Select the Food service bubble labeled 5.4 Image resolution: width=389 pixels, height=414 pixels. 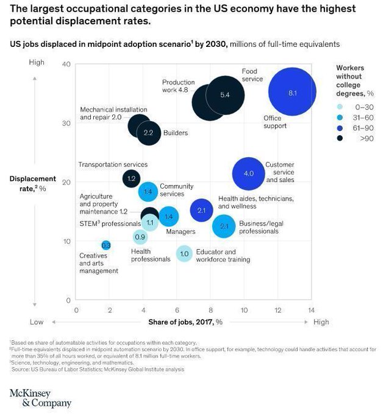click(224, 95)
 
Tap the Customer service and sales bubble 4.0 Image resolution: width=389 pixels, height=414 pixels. click(248, 174)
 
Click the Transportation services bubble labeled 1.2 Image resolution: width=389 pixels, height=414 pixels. click(131, 178)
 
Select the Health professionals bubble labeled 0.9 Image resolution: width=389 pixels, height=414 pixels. click(140, 237)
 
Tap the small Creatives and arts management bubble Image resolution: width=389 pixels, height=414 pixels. click(106, 245)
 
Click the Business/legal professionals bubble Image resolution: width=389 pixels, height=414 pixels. click(224, 227)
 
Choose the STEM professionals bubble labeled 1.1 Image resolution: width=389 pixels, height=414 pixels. click(150, 223)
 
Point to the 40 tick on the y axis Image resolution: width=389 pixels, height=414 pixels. click(67, 65)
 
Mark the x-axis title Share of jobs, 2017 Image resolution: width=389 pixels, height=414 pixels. click(185, 322)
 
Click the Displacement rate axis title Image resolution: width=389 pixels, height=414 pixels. click(32, 183)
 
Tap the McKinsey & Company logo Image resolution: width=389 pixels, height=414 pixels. click(40, 398)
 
